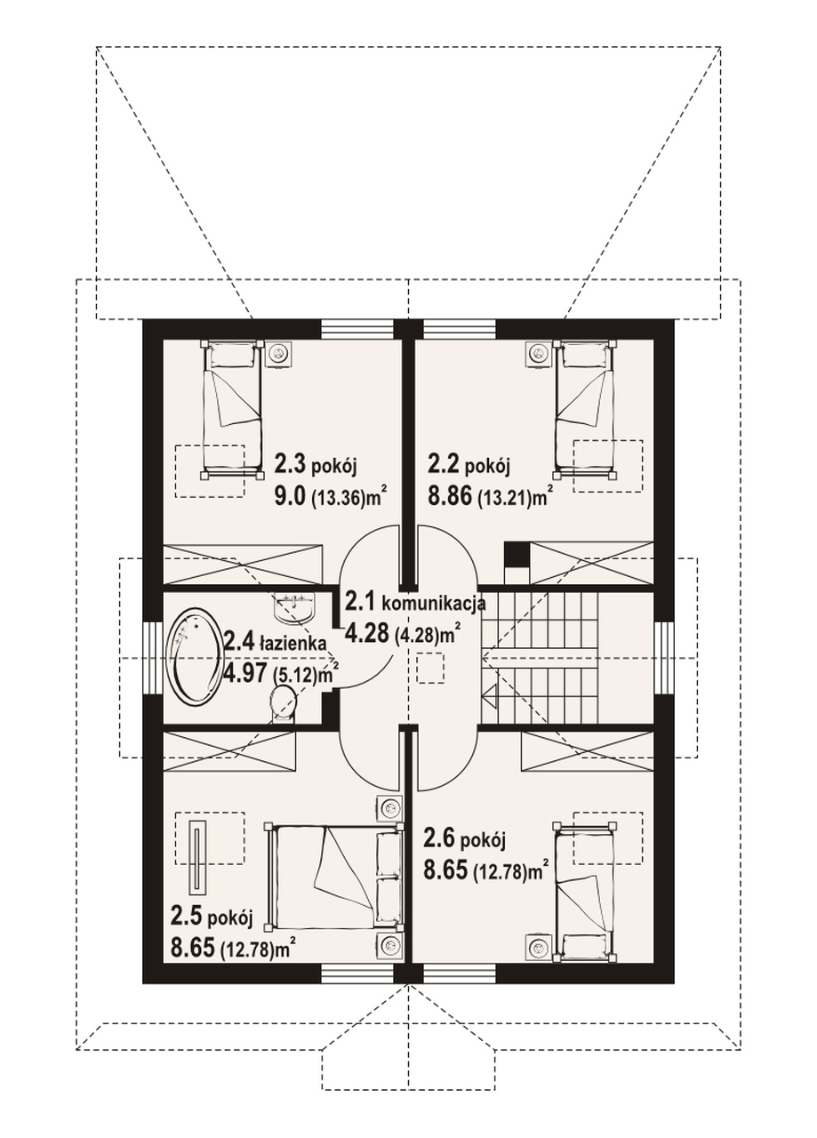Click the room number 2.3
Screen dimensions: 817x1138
(290, 464)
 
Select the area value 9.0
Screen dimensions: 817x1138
(291, 497)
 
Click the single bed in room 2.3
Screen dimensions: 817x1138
(232, 410)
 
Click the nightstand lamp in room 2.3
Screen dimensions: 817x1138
(279, 352)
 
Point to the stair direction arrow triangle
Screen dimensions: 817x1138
(491, 695)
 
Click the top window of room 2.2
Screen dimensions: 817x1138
(460, 329)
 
